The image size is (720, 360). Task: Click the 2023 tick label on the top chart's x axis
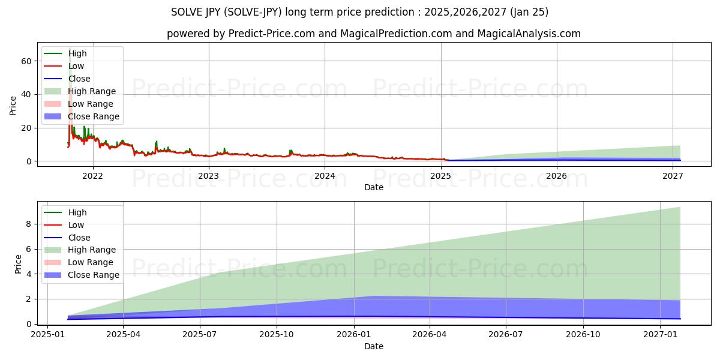[208, 176]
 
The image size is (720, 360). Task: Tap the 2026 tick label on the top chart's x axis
[557, 176]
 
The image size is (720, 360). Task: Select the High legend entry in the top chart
[77, 53]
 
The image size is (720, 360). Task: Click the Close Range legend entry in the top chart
[93, 116]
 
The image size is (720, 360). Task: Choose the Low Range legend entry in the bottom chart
[90, 262]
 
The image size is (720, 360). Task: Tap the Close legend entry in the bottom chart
[79, 238]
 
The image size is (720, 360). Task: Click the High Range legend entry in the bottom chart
[92, 250]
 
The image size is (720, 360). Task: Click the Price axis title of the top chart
[13, 106]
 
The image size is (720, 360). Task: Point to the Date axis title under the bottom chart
[373, 346]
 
